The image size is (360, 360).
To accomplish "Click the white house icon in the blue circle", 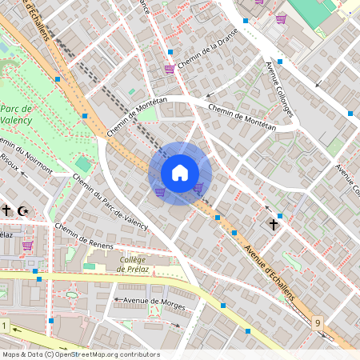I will (x=180, y=173).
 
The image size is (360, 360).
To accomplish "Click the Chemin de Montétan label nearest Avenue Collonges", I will (x=242, y=117).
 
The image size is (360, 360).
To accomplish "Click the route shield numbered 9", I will (x=318, y=322).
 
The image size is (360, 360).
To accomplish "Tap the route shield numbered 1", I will (x=4, y=326).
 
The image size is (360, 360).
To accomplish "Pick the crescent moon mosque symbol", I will (x=22, y=210).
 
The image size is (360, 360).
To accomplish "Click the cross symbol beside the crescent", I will (x=6, y=210).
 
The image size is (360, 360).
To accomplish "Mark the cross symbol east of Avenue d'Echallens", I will (x=273, y=225).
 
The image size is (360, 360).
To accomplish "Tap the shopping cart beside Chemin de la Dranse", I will (x=170, y=69).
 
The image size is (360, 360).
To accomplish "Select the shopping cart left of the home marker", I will (x=160, y=192).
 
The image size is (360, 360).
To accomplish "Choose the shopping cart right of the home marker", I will (x=198, y=187).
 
